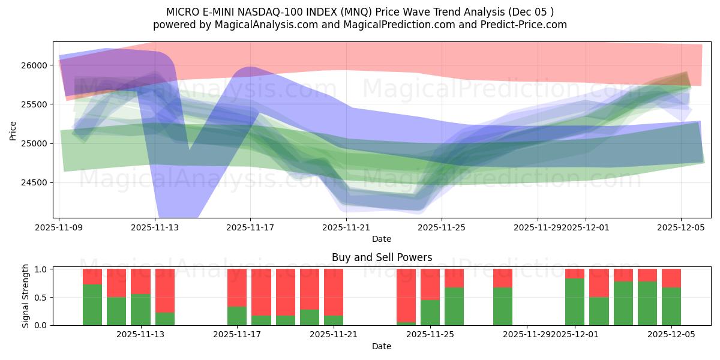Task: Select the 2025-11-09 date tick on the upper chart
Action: click(60, 227)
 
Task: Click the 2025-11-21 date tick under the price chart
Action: click(347, 227)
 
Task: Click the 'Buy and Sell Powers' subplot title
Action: click(382, 257)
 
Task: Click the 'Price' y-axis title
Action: click(13, 130)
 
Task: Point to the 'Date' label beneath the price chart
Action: click(382, 239)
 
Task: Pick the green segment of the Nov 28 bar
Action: click(503, 306)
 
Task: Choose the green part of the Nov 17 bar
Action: click(237, 316)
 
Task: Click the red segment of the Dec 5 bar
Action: click(671, 278)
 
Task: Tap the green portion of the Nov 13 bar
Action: click(140, 310)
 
